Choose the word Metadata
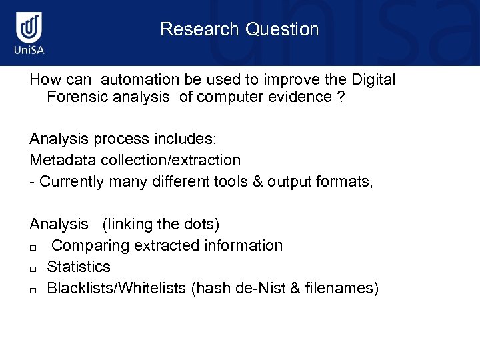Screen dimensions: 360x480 pyautogui.click(x=63, y=160)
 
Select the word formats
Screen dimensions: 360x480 pyautogui.click(x=346, y=181)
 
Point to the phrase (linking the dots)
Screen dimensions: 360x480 pyautogui.click(x=161, y=224)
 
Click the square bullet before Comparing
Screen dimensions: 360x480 pyautogui.click(x=33, y=247)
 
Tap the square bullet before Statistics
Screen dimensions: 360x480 pyautogui.click(x=33, y=269)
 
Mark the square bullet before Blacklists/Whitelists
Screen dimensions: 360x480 pyautogui.click(x=33, y=290)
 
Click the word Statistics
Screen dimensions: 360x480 pyautogui.click(x=79, y=267)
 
